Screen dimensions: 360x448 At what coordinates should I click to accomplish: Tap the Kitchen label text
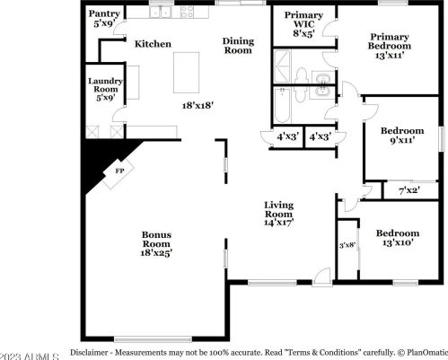152,43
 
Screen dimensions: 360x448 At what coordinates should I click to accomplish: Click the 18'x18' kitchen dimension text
196,104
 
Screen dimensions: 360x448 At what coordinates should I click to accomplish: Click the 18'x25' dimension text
155,253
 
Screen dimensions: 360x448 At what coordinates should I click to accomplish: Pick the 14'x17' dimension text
279,223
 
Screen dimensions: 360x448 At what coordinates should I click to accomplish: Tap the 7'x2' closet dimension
408,189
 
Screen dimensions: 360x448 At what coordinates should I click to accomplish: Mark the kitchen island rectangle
188,71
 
